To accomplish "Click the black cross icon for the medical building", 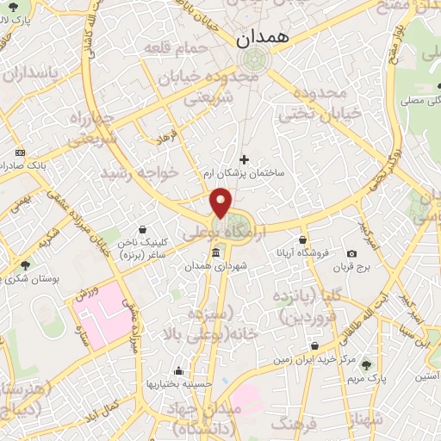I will (x=244, y=158).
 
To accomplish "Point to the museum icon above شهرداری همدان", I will (x=214, y=253).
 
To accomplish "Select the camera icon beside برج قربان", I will (x=351, y=253).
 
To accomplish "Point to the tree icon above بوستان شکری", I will (x=25, y=265).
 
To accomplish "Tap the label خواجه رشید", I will (x=140, y=173).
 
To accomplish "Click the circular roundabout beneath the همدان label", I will (x=254, y=59).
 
